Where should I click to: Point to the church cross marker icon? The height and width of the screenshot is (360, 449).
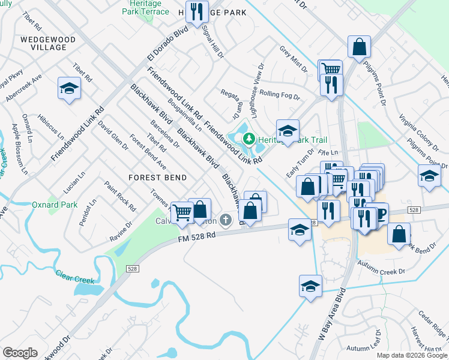226,220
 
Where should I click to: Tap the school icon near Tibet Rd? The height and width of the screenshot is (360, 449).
70,89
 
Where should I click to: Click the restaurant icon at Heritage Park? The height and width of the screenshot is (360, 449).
196,11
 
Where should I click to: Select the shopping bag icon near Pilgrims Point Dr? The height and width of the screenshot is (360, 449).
359,47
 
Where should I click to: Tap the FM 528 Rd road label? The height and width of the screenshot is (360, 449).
196,238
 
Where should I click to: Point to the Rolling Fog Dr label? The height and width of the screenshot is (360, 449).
279,95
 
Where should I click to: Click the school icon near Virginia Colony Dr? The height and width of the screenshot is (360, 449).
429,176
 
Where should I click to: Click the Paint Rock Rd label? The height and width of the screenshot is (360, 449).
119,196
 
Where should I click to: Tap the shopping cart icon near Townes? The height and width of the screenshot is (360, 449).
181,212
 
